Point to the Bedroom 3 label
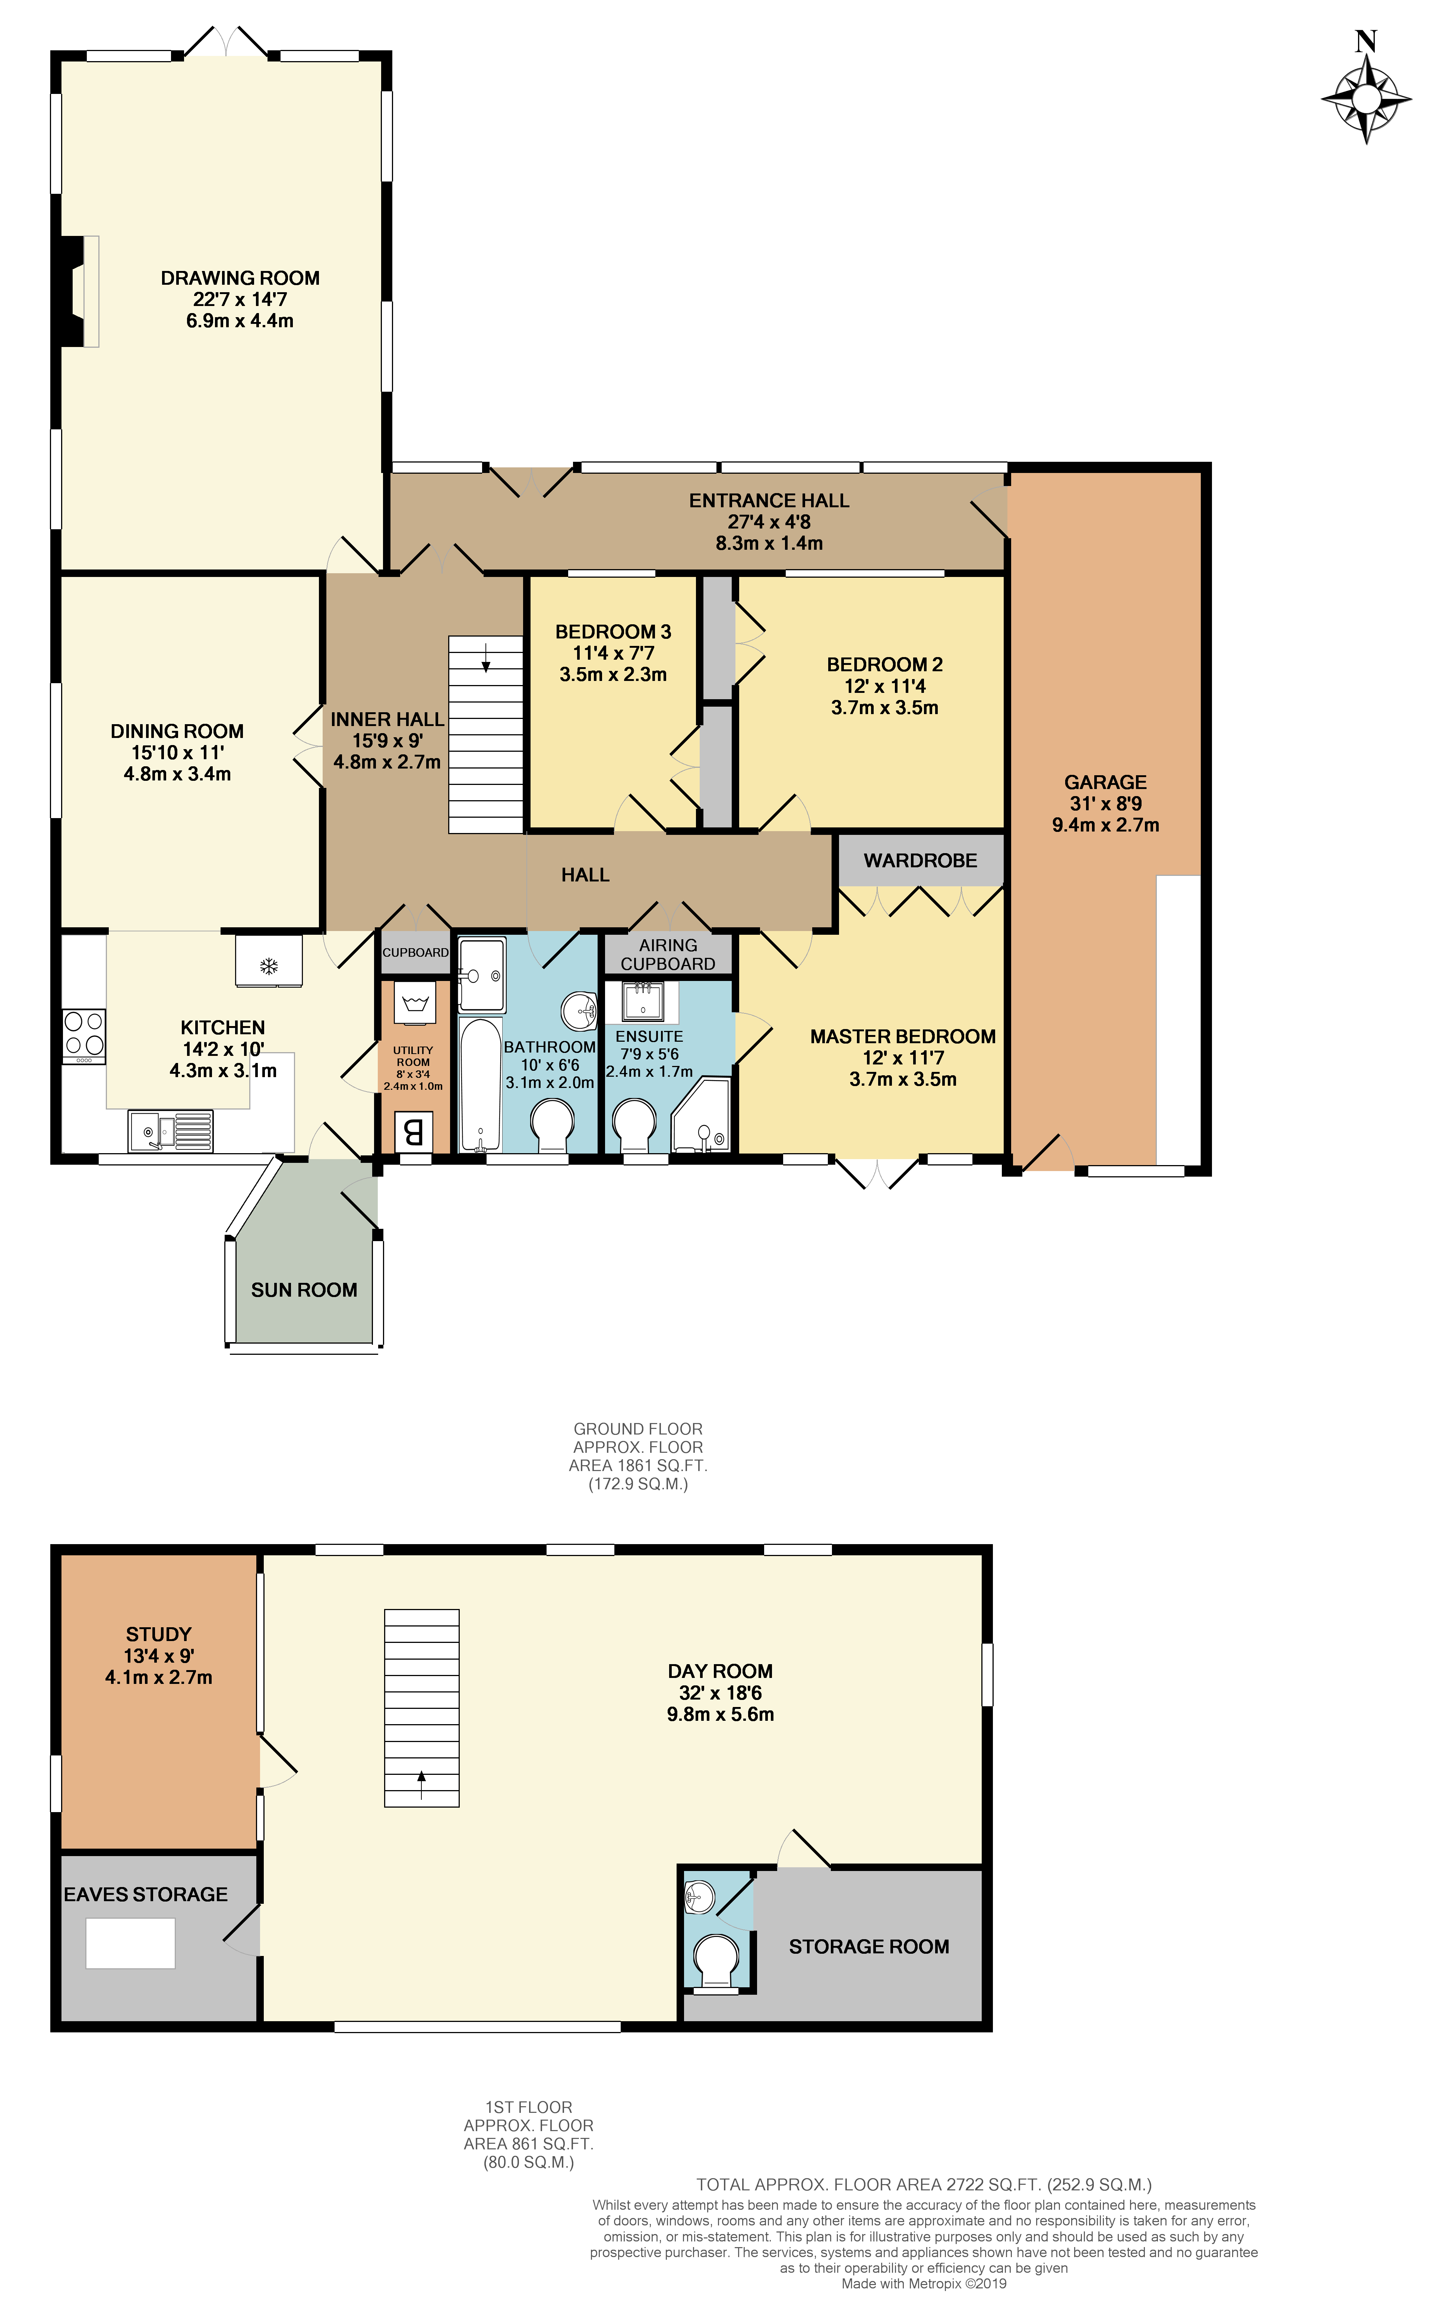pos(613,631)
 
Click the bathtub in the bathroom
pos(479,1086)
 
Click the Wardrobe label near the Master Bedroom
pos(920,861)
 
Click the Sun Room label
pos(304,1290)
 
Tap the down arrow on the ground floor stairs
pos(486,658)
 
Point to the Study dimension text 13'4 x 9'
pos(158,1656)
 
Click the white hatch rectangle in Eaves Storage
pos(131,1943)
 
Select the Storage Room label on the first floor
pos(868,1946)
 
